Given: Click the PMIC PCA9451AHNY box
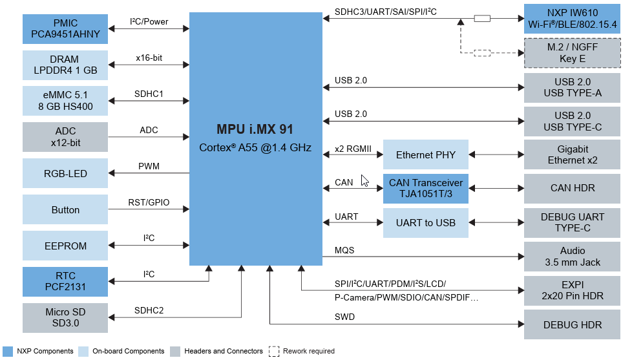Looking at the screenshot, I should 65,28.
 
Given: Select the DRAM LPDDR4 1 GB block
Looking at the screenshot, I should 65,65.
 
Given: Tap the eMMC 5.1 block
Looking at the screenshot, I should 65,101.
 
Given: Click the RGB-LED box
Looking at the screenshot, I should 65,173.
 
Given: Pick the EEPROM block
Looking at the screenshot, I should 65,246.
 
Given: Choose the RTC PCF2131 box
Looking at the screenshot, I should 65,281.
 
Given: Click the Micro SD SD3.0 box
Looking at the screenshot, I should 65,318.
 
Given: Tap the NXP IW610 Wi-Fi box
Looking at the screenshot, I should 572,19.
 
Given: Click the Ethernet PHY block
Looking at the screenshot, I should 425,154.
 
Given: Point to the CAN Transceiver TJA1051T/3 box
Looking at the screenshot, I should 425,188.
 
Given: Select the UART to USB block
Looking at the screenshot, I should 425,223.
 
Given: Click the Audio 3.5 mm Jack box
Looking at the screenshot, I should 572,257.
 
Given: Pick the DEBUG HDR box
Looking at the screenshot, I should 572,324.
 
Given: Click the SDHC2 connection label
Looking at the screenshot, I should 149,310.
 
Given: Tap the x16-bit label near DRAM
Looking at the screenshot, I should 149,58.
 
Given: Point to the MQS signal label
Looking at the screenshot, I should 344,250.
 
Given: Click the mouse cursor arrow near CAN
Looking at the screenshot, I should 364,180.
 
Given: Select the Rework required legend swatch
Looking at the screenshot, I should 274,351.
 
